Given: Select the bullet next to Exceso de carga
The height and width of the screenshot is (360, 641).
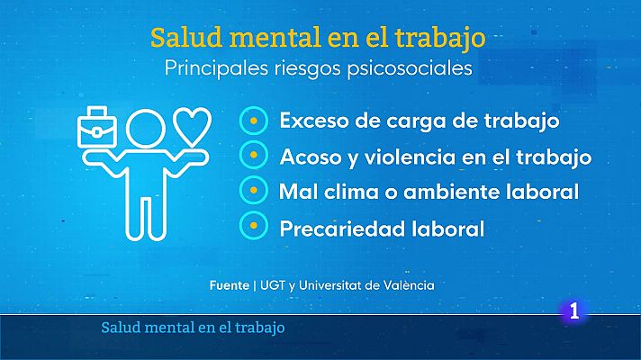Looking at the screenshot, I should tap(255, 120).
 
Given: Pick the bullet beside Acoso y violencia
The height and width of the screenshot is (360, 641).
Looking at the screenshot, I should tap(255, 156).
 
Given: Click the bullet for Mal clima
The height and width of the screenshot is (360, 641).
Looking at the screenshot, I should tap(255, 192).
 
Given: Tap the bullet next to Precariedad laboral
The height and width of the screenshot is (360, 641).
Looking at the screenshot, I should tap(255, 228).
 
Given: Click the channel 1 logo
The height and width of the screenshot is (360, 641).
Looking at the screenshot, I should tap(573, 312).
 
